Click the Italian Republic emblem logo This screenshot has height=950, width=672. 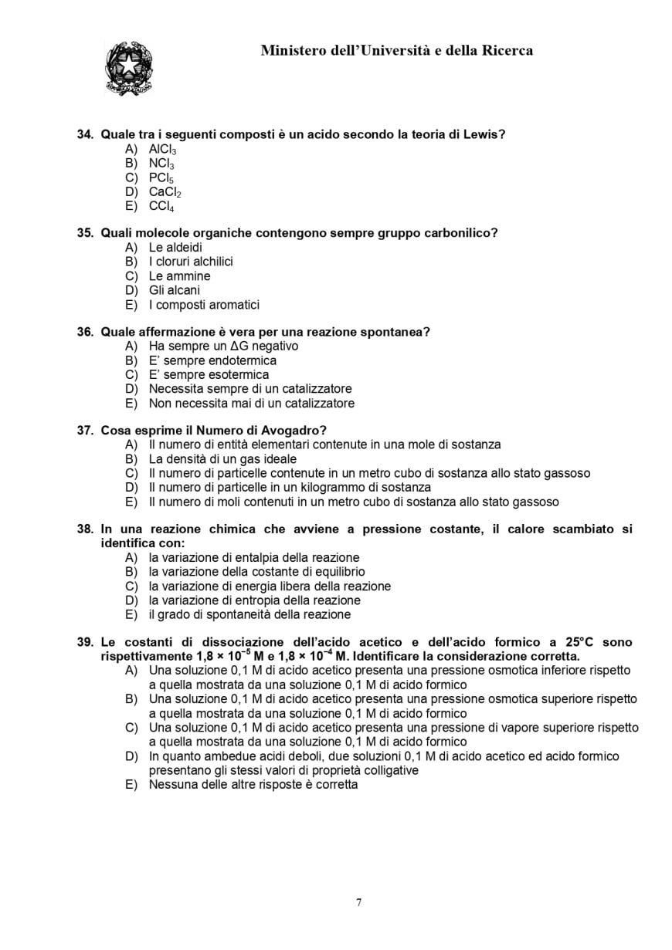[128, 69]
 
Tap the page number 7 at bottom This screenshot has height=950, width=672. [358, 903]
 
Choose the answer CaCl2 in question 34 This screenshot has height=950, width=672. [165, 192]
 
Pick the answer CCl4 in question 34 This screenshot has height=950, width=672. [161, 206]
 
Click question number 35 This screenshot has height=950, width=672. [85, 233]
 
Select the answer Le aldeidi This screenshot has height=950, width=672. [175, 248]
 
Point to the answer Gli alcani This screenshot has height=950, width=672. [174, 290]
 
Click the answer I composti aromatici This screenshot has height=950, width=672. [204, 305]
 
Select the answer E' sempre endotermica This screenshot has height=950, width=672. [212, 360]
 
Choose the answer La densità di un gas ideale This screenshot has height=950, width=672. [222, 459]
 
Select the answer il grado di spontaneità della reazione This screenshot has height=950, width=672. [249, 614]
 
